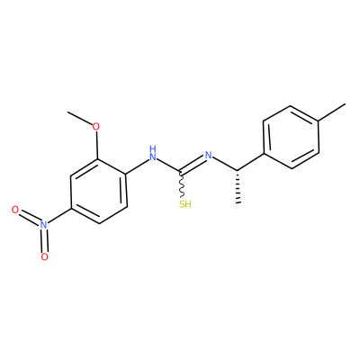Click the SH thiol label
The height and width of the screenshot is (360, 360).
coord(185,204)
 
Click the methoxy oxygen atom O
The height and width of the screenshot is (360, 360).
coord(95,127)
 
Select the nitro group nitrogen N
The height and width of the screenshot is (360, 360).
coord(44,225)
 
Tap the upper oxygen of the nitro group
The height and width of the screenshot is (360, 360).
coord(15,210)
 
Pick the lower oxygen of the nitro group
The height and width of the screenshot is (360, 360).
coord(44,256)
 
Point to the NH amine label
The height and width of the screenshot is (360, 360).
coord(153,153)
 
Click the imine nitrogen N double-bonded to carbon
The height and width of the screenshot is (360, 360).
coord(208,156)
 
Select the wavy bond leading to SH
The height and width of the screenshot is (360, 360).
coord(181,184)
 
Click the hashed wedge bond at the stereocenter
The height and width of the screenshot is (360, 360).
coord(238,187)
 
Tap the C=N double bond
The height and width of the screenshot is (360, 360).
coord(193,165)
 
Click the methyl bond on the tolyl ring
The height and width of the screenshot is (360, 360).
coord(331,112)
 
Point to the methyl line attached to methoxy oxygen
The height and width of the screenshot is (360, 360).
coord(80,118)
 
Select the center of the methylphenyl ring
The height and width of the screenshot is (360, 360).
coord(291,137)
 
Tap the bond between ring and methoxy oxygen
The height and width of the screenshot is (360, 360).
coord(97,145)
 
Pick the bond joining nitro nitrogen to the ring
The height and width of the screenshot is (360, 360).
coord(59,216)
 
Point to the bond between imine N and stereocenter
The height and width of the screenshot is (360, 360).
coord(225,164)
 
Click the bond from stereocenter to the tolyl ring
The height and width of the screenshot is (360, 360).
coord(251,163)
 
